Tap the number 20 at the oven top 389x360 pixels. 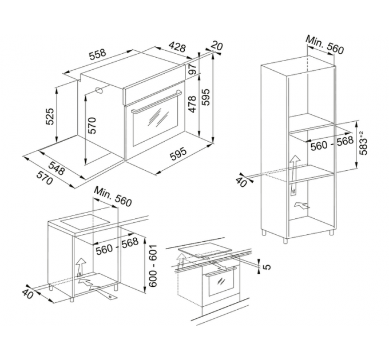click(217, 46)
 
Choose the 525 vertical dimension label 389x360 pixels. click(50, 116)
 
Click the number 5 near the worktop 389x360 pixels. click(264, 265)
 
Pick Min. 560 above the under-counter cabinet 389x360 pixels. click(113, 197)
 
